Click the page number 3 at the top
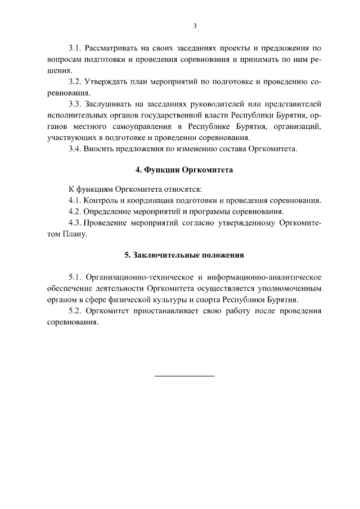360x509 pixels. point(195,25)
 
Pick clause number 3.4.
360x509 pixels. point(75,148)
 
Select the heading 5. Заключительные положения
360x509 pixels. point(184,255)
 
